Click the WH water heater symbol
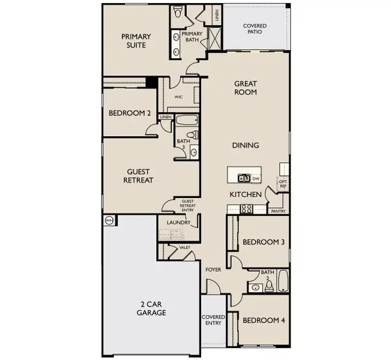pos(109,220)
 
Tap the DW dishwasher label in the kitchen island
pos(256,179)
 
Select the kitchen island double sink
pos(244,178)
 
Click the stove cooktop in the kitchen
pos(246,209)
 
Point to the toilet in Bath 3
pos(193,135)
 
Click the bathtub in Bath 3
pos(187,121)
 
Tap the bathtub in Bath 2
pos(283,280)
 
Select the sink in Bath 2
pos(255,288)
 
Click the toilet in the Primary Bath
pos(177,11)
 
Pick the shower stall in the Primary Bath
pos(214,38)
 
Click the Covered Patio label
pos(255,29)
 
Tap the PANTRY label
pos(278,211)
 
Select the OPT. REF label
pos(283,184)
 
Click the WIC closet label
pos(178,97)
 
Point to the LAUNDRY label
pos(178,222)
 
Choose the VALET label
pos(184,247)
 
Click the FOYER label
pos(213,269)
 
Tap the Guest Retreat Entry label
pos(187,206)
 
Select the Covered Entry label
pos(213,320)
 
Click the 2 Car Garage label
pos(151,308)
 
